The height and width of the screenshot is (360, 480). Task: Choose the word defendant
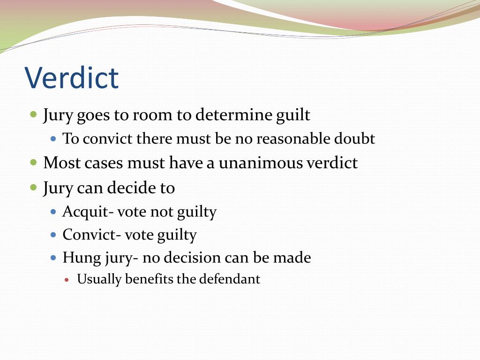[229, 279]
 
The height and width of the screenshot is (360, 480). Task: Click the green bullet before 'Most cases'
[33, 163]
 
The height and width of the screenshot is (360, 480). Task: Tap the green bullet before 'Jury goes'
[33, 114]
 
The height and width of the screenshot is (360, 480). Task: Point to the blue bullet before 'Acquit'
[53, 211]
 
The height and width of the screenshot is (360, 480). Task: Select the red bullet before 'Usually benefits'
[67, 279]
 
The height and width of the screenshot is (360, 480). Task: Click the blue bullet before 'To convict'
[53, 138]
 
